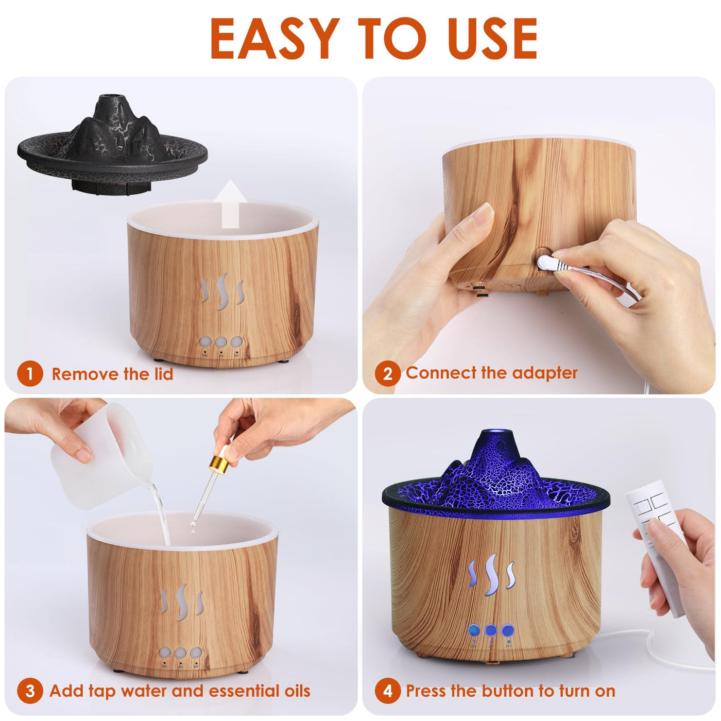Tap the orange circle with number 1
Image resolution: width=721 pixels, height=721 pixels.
[29, 373]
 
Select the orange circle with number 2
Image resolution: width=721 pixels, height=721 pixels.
[387, 373]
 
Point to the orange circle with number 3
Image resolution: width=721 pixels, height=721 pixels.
[29, 691]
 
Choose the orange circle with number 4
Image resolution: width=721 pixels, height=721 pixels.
[387, 691]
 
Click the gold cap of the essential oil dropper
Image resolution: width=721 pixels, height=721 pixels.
[219, 463]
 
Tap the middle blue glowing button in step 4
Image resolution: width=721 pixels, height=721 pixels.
[491, 630]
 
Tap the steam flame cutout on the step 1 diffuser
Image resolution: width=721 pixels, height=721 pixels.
[222, 291]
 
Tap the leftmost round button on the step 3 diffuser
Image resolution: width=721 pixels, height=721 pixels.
[165, 653]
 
